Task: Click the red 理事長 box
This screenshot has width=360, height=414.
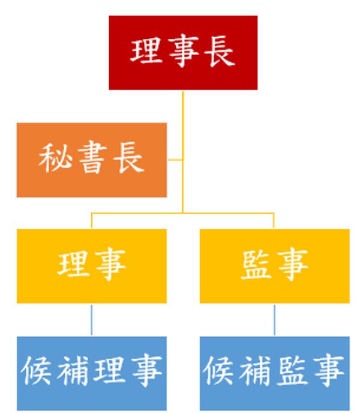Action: coord(183,53)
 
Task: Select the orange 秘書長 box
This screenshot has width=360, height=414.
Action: coord(92,160)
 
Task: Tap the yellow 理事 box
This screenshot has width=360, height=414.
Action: coord(92,266)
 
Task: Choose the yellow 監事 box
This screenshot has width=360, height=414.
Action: coord(274,266)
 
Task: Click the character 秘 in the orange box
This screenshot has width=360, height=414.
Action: coord(55,160)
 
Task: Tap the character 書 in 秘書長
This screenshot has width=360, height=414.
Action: coord(92,160)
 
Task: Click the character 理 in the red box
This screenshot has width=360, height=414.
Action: coord(146,53)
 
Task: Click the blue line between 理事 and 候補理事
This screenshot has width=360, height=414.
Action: coord(92,319)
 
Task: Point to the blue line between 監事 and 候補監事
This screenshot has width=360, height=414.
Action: coord(274,319)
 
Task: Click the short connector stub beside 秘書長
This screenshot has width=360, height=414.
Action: coord(175,160)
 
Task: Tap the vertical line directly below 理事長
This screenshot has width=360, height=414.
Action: coord(182,120)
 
